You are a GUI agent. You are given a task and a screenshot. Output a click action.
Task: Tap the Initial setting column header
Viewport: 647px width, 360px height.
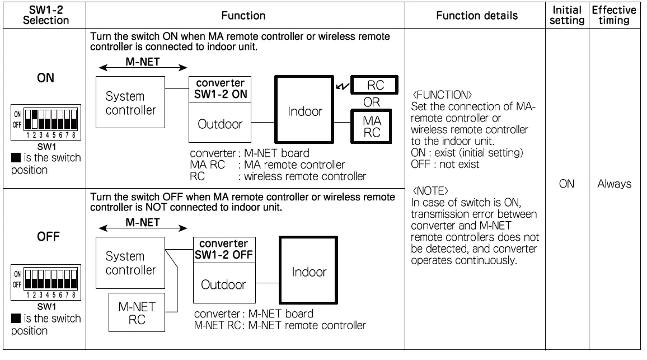pos(566,15)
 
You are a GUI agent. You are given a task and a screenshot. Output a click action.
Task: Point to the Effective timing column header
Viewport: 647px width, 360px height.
pos(615,15)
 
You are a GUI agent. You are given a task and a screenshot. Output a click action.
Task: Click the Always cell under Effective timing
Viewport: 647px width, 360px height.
pos(615,184)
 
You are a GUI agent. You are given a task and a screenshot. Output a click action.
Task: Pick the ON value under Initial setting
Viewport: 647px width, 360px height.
pos(566,184)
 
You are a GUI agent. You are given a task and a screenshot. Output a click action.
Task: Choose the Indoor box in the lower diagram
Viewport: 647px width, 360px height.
pos(308,273)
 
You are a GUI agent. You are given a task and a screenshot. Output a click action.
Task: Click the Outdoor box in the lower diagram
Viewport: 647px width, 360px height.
pos(224,284)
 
